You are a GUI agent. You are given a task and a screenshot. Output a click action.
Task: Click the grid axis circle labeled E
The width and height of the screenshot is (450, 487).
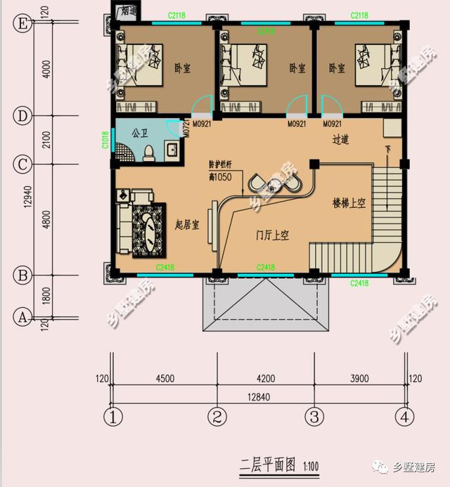coord(22,24)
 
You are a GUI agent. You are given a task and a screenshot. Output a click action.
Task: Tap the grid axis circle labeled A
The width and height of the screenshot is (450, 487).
coord(22,317)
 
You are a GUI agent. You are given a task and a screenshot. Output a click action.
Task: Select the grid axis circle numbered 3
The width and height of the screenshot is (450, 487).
coord(314,417)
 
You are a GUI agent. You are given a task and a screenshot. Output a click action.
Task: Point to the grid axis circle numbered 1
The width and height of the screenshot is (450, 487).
coord(112,417)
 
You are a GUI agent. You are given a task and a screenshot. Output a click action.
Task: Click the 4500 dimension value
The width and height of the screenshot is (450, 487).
coord(165,379)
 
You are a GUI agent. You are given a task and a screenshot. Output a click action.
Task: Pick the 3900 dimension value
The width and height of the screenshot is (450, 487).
coord(359,379)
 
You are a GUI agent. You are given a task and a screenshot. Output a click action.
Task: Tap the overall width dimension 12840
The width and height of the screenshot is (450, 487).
coord(259,398)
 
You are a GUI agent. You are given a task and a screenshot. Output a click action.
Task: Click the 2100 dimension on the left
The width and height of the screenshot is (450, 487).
coord(46,140)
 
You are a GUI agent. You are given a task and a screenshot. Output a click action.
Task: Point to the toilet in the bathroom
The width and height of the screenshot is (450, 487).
coord(148,152)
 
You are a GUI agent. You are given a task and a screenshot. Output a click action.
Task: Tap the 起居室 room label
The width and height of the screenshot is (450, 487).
coord(187,226)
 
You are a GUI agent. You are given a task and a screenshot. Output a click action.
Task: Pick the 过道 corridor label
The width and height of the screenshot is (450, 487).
coord(341,140)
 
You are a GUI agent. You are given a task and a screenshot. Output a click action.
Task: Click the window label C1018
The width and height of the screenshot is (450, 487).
coord(105,141)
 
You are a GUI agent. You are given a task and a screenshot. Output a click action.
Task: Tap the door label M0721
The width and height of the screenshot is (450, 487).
coord(186,126)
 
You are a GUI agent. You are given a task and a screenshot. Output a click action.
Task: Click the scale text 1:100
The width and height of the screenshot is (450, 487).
coord(311,465)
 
